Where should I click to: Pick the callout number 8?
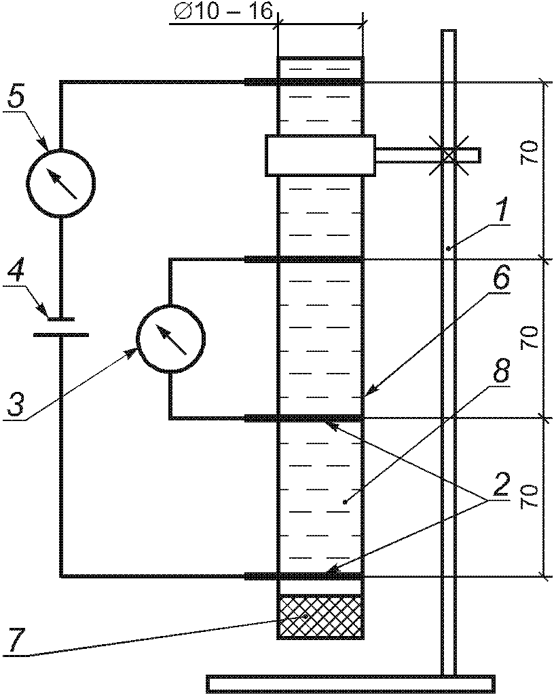coord(500,372)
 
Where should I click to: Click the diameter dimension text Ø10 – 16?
coord(222,12)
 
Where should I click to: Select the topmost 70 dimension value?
coord(530,154)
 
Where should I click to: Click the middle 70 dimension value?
coord(530,338)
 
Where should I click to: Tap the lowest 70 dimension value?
coord(530,496)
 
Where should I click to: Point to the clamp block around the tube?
coord(320,155)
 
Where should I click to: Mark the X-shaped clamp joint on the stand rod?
coord(449,155)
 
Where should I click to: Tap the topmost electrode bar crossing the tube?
coord(304,82)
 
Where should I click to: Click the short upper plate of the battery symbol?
coord(61,319)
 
